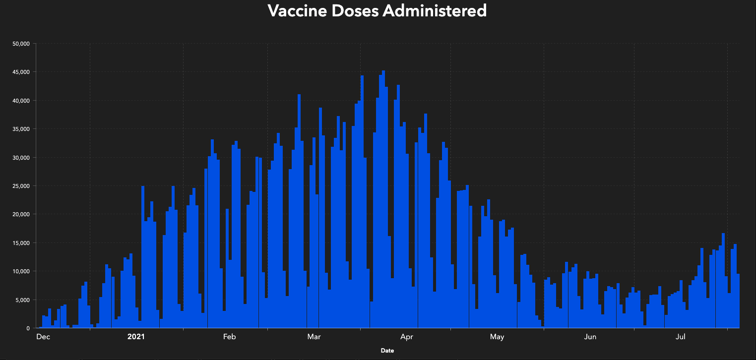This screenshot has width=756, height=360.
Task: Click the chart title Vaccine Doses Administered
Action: [377, 10]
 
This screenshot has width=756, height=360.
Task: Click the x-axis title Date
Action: [387, 351]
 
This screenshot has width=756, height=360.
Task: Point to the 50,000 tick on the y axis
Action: [21, 44]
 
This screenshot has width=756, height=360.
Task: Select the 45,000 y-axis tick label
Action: [21, 72]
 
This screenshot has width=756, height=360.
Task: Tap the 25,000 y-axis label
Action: [21, 186]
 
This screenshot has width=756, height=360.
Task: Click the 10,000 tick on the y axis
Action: [21, 271]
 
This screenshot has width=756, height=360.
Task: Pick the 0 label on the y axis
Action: [28, 328]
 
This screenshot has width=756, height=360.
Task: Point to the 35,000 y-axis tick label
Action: [21, 129]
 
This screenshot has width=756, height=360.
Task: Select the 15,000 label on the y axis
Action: [21, 243]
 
